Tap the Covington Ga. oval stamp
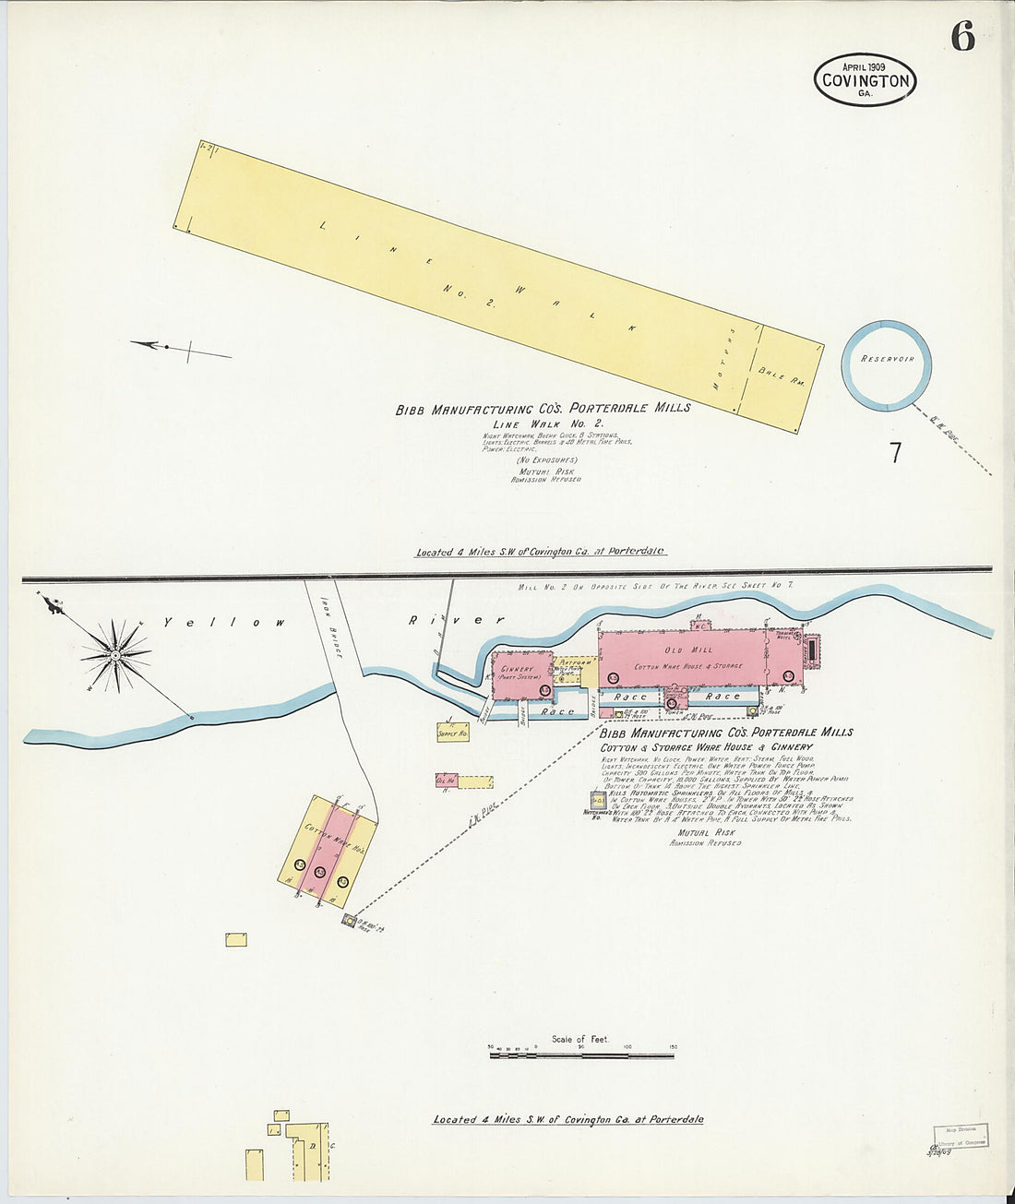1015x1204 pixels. click(x=865, y=79)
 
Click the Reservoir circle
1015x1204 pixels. click(x=886, y=365)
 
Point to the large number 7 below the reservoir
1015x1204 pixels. click(x=894, y=453)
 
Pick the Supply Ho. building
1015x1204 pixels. click(x=453, y=733)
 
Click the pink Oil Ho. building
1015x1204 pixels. click(x=446, y=781)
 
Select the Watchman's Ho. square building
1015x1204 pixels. click(x=598, y=800)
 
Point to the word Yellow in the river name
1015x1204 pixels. click(x=224, y=623)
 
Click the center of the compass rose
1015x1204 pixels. click(x=116, y=654)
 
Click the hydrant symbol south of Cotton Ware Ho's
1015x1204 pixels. click(x=349, y=920)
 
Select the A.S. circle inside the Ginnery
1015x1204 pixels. click(x=544, y=690)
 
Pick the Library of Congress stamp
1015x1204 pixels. click(x=960, y=1136)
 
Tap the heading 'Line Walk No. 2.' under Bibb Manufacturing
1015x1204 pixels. click(x=547, y=423)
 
